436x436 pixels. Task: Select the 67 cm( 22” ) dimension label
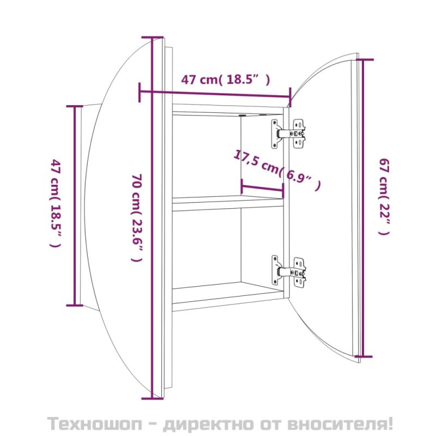point(384,196)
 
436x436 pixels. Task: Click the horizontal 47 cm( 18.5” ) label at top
point(225,80)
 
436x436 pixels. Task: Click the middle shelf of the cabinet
point(228,204)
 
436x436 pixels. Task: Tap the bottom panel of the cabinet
point(229,300)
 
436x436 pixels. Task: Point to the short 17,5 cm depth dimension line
point(262,188)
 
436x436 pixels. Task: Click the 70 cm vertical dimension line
point(152,218)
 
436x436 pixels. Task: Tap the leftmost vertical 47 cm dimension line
point(74,205)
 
